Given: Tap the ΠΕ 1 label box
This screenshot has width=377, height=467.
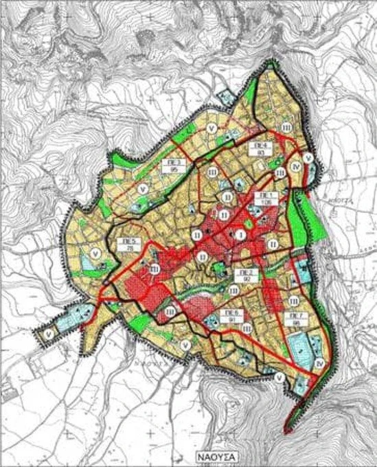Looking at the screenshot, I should [x=265, y=198].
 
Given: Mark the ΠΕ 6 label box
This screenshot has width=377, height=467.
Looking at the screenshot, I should [x=229, y=315].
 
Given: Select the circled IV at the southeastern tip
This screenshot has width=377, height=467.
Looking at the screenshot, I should [x=321, y=362].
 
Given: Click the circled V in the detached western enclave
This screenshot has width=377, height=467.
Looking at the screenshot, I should [x=49, y=334].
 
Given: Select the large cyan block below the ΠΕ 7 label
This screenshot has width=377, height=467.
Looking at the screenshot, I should [x=299, y=345].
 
